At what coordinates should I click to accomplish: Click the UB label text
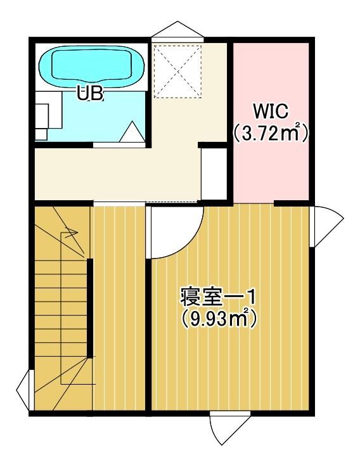[90, 93]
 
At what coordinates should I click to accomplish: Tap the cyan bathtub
[92, 67]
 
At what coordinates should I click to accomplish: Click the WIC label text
[270, 112]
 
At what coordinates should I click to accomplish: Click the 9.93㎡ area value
[217, 319]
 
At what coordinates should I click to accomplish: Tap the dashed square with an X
[177, 71]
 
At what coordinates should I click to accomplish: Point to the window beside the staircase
[24, 389]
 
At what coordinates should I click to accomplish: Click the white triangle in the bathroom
[132, 132]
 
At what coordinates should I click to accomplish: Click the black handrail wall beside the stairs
[89, 308]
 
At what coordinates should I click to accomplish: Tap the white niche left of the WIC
[214, 174]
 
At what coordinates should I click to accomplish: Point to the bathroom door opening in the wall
[119, 145]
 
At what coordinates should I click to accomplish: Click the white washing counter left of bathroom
[48, 115]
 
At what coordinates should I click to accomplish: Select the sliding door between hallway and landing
[119, 203]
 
